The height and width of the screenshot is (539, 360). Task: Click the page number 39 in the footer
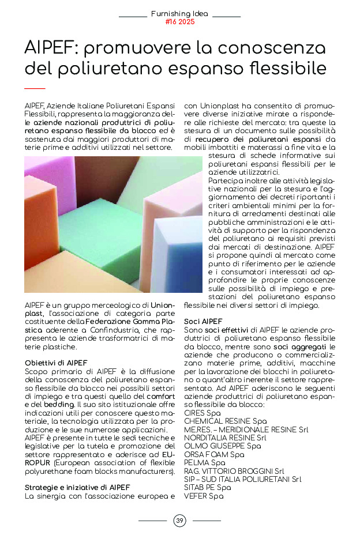[x=179, y=521]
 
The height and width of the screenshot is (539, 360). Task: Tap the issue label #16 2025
[x=180, y=22]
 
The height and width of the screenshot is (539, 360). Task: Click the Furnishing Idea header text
[x=180, y=13]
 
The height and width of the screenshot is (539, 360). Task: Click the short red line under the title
[x=35, y=88]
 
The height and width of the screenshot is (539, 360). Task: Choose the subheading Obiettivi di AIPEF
[x=56, y=363]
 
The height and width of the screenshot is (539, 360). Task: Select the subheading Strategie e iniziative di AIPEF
[x=77, y=487]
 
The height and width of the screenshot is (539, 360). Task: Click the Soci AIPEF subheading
[x=202, y=321]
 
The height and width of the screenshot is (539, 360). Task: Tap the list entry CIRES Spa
[x=202, y=413]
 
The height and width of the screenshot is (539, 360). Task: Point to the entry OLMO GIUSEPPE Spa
[x=214, y=446]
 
